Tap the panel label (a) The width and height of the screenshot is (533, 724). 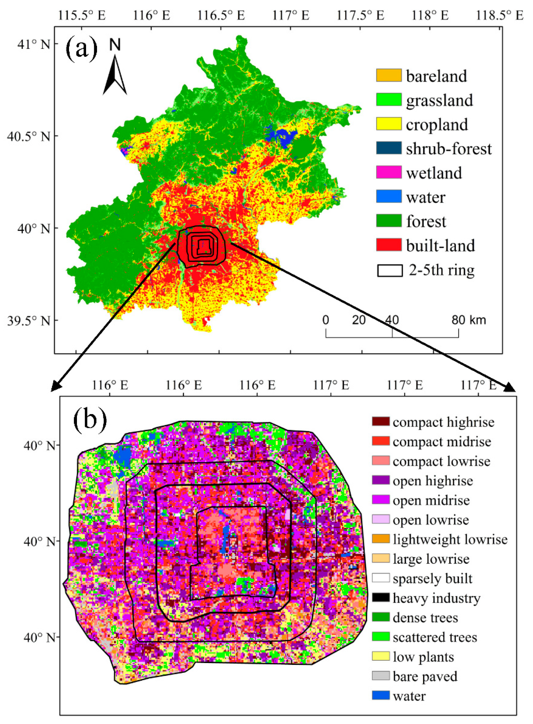point(81,49)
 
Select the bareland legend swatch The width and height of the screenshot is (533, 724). point(389,75)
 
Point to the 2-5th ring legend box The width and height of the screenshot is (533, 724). point(390,270)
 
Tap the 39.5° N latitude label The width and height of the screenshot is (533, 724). point(29,321)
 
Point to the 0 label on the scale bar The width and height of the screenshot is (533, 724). point(326,320)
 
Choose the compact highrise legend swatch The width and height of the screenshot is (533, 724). point(381,421)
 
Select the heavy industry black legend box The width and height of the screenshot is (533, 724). point(381,598)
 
